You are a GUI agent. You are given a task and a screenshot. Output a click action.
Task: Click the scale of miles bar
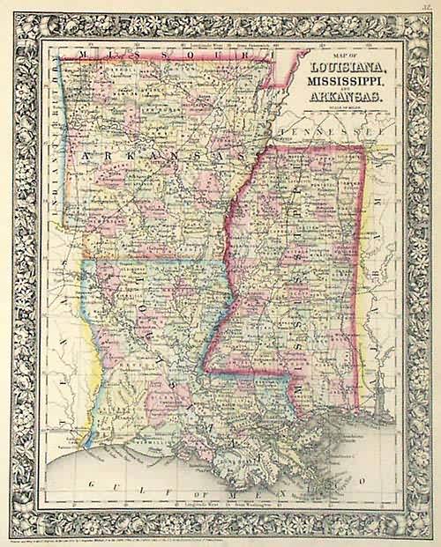[340, 113]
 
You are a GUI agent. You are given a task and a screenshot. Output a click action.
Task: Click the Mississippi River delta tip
[340, 467]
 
